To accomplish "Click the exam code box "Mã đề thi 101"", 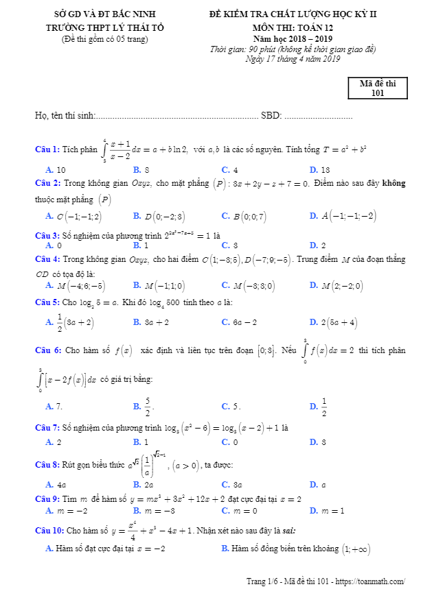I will click(377, 88).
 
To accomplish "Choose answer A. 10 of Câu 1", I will click(56, 169).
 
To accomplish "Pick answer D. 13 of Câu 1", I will click(320, 169).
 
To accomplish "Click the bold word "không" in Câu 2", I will click(394, 183).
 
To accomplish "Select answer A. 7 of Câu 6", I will click(54, 406).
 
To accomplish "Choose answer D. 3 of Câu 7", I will click(318, 442).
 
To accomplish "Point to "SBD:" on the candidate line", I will click(271, 116).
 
